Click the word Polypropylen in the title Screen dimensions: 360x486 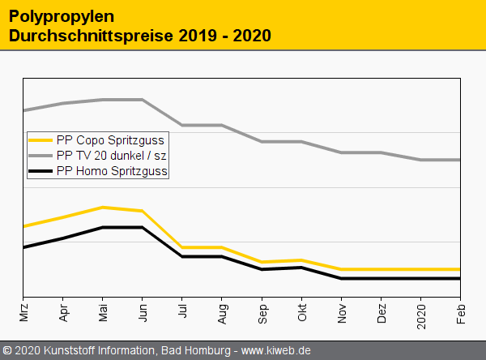coord(62,16)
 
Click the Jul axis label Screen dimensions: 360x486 coord(182,313)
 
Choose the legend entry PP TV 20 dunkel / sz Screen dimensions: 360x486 coord(112,155)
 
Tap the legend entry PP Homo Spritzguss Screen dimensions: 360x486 coord(112,170)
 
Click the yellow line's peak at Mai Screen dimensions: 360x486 coord(103,208)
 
